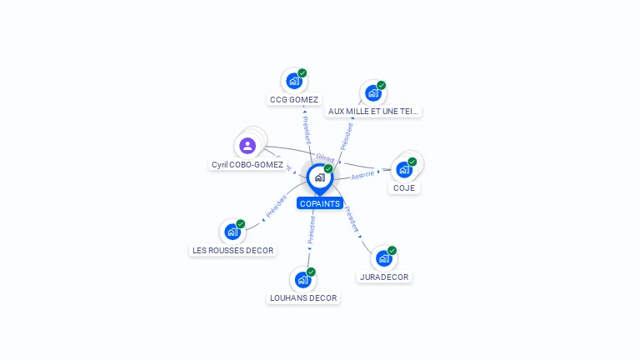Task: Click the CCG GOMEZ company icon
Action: [293, 81]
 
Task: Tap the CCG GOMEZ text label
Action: [294, 100]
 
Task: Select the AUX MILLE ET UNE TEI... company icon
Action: [372, 92]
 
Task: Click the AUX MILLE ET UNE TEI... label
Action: [373, 111]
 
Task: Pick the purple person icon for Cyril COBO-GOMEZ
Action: [247, 146]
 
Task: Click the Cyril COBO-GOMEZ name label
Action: [247, 165]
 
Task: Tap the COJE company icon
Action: [404, 169]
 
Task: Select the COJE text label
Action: [404, 188]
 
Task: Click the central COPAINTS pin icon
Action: [319, 177]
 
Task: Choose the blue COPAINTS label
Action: [320, 203]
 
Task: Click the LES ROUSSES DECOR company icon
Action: [232, 232]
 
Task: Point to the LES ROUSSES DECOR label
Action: [232, 250]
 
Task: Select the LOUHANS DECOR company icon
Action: [302, 280]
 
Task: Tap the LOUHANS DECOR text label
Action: [303, 297]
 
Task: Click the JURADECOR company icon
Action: [383, 258]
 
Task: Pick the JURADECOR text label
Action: [384, 277]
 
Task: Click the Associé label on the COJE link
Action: [363, 175]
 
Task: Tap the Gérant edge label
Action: [325, 157]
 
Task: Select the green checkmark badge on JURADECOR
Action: [392, 250]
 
